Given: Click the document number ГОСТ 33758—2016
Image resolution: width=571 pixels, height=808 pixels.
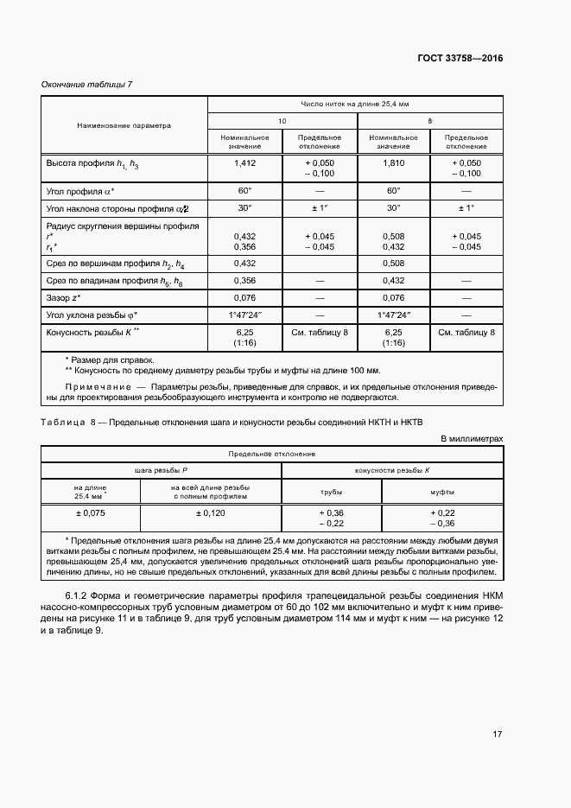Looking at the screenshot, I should pos(460,59).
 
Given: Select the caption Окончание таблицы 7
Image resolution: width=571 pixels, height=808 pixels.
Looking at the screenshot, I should pos(86,84).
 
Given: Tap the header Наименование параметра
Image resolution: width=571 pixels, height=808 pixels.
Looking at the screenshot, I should pos(124,125).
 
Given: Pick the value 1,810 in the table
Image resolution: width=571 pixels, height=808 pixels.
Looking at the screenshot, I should pos(393,162).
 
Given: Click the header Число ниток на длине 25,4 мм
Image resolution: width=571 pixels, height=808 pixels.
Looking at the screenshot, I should pos(354,103).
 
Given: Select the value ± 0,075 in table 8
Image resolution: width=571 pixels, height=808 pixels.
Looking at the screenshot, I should pos(90,512).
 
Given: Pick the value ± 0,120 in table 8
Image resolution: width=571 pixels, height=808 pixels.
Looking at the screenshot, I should pos(210,512).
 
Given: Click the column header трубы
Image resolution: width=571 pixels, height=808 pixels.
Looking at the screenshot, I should pos(331,491).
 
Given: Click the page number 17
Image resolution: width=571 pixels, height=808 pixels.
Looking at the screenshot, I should pos(497,735).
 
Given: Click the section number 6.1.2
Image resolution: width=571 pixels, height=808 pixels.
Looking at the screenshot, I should pos(79,596).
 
